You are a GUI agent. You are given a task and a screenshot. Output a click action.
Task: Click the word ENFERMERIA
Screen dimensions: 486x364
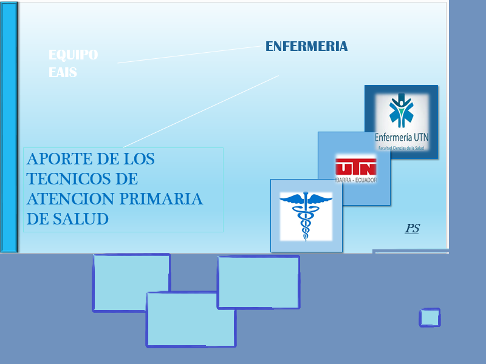click(x=307, y=47)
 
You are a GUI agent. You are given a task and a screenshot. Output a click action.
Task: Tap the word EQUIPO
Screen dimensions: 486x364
click(x=74, y=55)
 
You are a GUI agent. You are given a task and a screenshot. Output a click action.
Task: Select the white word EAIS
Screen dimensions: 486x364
click(x=63, y=72)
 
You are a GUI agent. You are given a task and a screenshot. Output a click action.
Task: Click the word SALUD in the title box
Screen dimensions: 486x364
click(x=81, y=219)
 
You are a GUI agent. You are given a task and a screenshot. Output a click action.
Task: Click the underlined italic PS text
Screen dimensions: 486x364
click(x=412, y=229)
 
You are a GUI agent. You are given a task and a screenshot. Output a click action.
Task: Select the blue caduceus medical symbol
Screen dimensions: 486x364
click(x=306, y=216)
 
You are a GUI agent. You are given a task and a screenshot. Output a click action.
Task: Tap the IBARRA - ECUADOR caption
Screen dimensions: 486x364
click(x=356, y=180)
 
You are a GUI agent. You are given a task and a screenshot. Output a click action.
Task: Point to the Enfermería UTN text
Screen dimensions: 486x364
click(x=402, y=137)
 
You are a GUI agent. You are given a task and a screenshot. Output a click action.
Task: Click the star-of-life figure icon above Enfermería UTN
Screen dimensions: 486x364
click(x=402, y=111)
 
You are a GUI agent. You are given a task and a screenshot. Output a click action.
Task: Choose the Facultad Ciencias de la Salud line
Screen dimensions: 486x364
click(x=401, y=148)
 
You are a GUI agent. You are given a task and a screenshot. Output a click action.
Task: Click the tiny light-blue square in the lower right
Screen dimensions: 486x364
click(x=430, y=317)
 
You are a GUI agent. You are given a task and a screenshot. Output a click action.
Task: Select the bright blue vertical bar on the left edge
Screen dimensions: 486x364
click(x=9, y=127)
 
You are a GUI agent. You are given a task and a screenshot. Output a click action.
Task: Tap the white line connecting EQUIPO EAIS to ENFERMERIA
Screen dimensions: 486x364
click(x=190, y=55)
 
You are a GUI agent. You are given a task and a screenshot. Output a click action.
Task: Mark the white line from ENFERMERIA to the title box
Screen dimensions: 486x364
click(x=201, y=112)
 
